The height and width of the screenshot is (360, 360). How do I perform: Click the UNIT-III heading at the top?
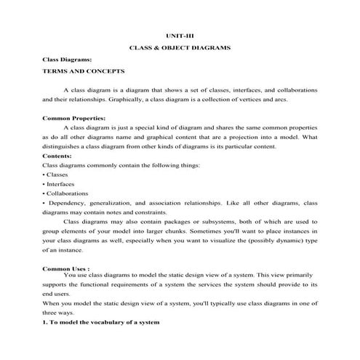(180, 34)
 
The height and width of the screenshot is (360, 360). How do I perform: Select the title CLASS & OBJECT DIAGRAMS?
(180, 47)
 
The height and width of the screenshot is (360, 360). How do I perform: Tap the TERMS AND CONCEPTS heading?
(84, 71)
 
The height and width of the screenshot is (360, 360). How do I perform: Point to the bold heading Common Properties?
(74, 118)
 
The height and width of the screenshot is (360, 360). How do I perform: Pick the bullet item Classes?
(58, 175)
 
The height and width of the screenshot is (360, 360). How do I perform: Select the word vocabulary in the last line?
(100, 322)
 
